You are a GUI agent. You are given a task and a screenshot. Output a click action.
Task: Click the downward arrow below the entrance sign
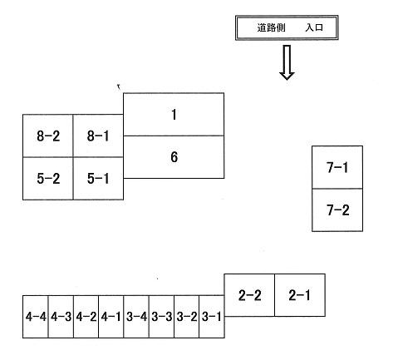(287, 62)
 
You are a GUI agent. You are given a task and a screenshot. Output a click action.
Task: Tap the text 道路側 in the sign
(271, 27)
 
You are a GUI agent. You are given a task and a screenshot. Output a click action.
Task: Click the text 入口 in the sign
(314, 27)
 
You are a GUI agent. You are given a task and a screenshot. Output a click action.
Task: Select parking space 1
(174, 114)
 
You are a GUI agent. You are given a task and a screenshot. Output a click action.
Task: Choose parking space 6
(174, 157)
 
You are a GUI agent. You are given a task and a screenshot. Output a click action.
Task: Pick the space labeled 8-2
(48, 136)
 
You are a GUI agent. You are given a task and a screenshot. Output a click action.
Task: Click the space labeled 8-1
(98, 136)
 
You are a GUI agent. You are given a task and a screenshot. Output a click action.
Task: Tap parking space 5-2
(48, 179)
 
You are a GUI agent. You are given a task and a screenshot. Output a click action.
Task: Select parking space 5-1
(98, 179)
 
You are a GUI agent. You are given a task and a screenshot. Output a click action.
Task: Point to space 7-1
(337, 167)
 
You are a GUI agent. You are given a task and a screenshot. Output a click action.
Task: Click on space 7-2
(337, 210)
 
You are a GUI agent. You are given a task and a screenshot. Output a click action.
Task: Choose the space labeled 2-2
(249, 295)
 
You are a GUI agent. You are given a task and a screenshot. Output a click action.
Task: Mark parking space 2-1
(300, 295)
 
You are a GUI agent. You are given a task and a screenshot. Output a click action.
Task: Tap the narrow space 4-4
(36, 317)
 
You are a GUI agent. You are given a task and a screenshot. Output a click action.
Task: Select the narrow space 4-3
(61, 317)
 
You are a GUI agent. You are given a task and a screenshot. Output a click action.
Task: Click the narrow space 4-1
(111, 317)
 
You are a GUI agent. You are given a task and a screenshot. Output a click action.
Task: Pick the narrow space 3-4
(136, 317)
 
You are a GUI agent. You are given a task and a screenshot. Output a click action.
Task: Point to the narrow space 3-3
(161, 317)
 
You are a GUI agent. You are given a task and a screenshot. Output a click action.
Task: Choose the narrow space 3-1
(212, 317)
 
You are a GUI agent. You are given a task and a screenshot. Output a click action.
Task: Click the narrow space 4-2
(86, 317)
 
